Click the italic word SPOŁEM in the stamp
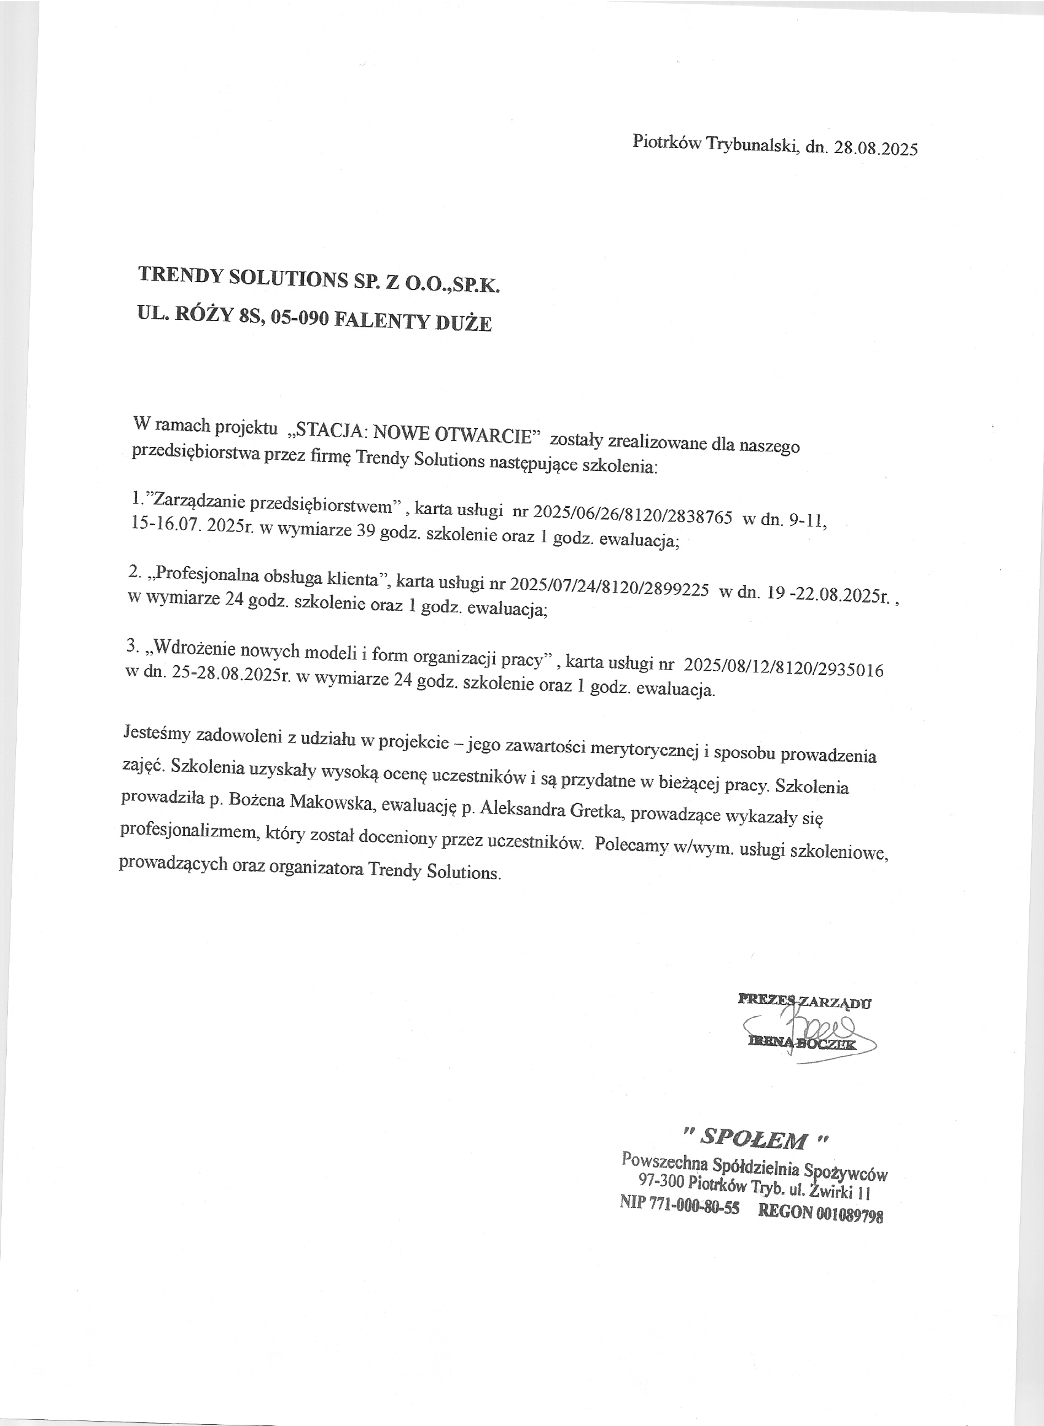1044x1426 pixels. tap(755, 1139)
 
